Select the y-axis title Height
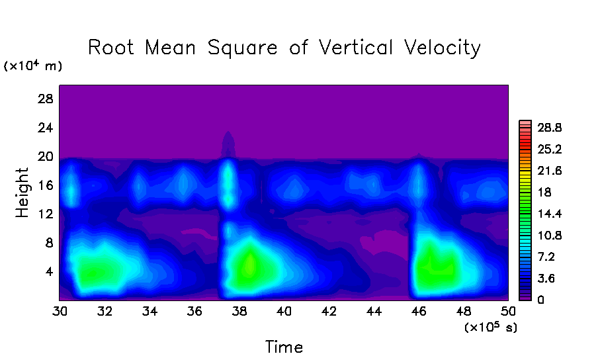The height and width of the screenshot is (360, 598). [x=23, y=193]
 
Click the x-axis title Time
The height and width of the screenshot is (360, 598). [x=284, y=347]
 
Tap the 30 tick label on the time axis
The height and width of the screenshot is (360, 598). [x=60, y=310]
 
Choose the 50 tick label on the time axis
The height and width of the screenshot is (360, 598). [x=508, y=310]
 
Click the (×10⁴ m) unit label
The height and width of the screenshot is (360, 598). [x=32, y=66]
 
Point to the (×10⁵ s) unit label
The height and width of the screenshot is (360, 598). [x=490, y=327]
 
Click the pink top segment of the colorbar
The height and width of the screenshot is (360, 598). [x=526, y=123]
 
